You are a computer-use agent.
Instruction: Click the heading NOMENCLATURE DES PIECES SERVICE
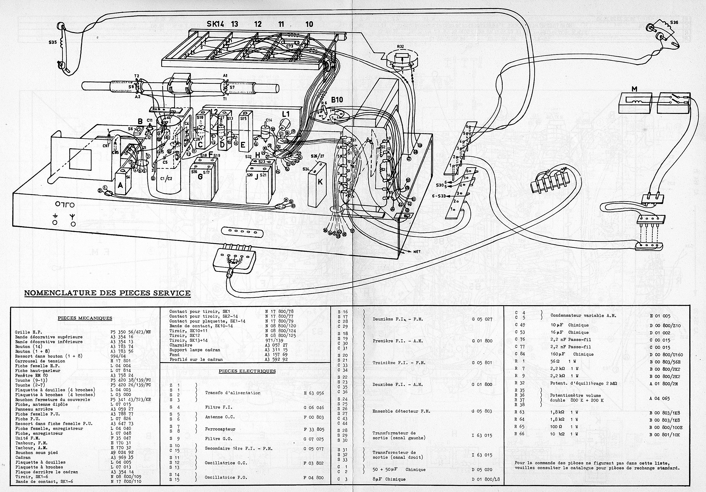tap(107, 292)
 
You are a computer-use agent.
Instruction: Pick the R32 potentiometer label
tap(400, 47)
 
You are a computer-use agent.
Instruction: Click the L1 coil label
tap(286, 114)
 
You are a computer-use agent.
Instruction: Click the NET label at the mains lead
tap(417, 251)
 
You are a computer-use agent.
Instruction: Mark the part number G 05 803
tap(482, 411)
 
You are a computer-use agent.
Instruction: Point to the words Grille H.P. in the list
tap(27, 332)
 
